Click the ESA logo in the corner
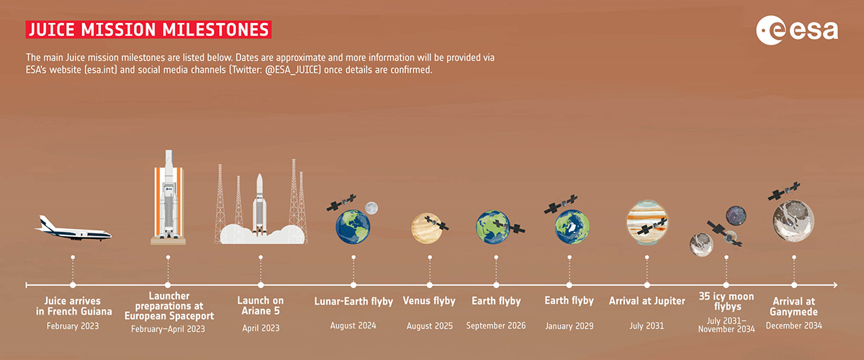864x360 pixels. (797, 30)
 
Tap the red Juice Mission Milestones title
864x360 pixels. (148, 30)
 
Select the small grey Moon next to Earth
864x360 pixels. (372, 208)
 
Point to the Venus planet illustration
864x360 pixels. (426, 228)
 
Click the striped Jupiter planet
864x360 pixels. (647, 222)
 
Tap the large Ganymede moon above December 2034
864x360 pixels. (793, 221)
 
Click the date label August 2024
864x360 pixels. (353, 325)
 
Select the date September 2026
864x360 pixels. (496, 325)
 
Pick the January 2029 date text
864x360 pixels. (570, 326)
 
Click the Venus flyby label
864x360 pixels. (429, 301)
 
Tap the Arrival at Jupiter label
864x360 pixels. (647, 301)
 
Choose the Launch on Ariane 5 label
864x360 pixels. (261, 305)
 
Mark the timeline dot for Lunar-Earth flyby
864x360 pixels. (354, 285)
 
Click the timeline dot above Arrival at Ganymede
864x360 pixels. (793, 285)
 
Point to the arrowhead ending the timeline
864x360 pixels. (835, 285)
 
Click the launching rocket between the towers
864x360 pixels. (260, 204)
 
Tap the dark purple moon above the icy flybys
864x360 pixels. (736, 216)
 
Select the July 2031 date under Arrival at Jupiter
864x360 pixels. (647, 326)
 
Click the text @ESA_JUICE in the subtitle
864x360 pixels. (293, 70)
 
